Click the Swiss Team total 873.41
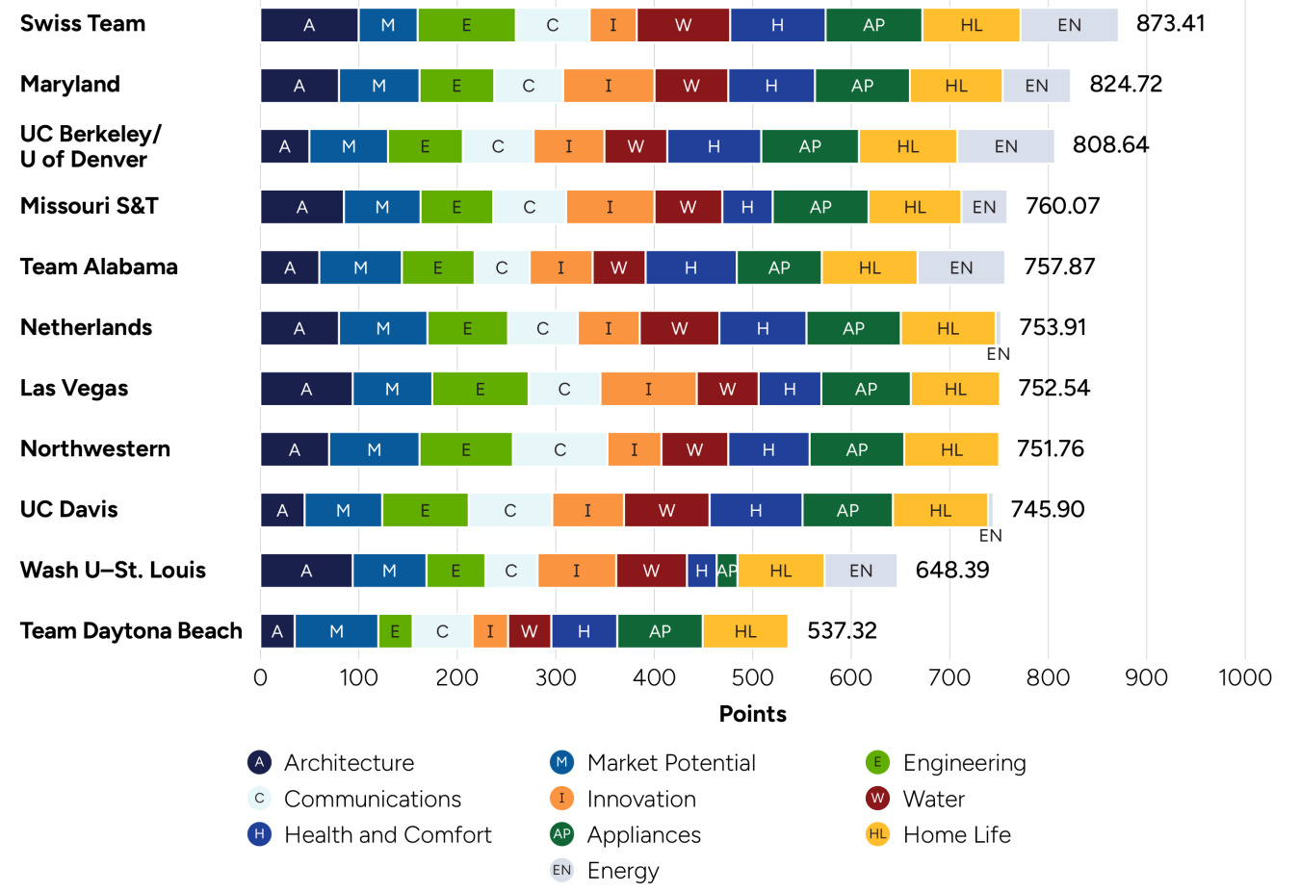click(x=1170, y=24)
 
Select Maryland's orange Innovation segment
click(x=609, y=86)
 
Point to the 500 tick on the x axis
click(x=752, y=677)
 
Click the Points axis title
click(x=752, y=714)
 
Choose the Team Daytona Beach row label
click(x=131, y=631)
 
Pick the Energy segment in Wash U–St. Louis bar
click(x=861, y=571)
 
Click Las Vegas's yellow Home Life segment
click(x=955, y=389)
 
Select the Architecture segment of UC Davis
click(x=282, y=510)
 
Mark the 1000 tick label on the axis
click(x=1244, y=677)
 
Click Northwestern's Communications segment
click(x=559, y=449)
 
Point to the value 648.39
click(x=951, y=571)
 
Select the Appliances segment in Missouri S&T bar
click(x=820, y=207)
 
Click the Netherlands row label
click(x=86, y=328)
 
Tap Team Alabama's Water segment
click(x=619, y=268)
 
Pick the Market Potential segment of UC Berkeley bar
click(x=349, y=146)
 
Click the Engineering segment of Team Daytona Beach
click(x=395, y=631)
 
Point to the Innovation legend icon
click(x=561, y=798)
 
